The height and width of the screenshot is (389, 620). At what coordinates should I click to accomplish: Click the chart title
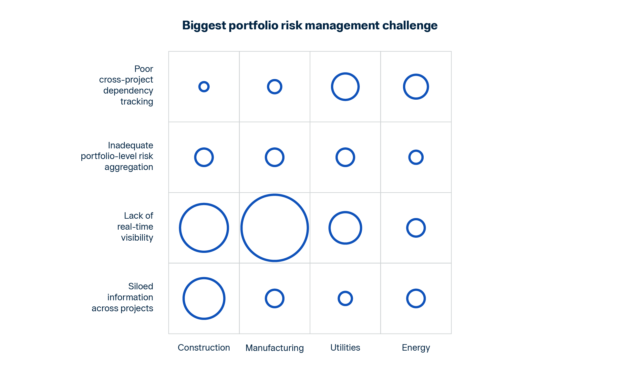[310, 25]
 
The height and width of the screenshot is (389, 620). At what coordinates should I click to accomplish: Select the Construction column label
[204, 347]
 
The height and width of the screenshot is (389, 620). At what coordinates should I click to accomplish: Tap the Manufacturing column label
[274, 348]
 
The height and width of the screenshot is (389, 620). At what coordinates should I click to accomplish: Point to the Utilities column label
[345, 347]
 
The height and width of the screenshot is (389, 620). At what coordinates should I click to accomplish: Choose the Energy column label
[416, 348]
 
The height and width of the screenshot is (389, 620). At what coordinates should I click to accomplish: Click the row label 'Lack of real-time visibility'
[135, 226]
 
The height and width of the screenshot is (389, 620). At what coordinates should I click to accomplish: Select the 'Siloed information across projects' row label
[122, 297]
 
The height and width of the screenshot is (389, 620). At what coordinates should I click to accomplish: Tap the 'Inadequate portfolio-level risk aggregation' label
[117, 156]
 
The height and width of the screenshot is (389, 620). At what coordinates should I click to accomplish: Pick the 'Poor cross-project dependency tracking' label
[126, 85]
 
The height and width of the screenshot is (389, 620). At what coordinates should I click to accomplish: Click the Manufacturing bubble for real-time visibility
[241, 228]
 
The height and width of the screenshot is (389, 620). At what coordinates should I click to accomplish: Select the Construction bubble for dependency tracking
[199, 87]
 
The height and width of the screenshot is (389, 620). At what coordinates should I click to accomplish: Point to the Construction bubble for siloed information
[183, 298]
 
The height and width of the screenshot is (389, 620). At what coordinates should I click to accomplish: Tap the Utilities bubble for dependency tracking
[332, 87]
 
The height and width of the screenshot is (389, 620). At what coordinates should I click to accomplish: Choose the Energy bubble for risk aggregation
[409, 157]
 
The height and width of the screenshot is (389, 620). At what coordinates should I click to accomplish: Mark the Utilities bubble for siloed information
[338, 298]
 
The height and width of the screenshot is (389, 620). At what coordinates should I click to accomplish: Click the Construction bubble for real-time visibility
[180, 228]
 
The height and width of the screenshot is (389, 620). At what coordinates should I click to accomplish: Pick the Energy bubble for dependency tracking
[404, 87]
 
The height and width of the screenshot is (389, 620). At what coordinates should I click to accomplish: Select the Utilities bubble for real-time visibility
[329, 228]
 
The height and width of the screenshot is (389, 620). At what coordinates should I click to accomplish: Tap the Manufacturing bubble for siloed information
[265, 298]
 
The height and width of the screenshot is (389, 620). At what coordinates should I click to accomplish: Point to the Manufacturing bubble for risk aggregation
[265, 157]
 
